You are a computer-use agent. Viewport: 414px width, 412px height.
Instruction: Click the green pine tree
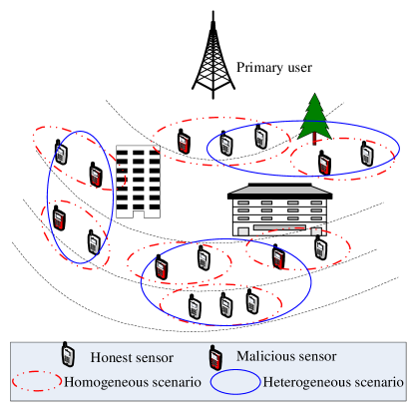pos(314,115)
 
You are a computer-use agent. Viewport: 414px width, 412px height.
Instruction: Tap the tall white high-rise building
pos(138,181)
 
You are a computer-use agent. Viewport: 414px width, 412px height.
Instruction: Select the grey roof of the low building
pos(279,190)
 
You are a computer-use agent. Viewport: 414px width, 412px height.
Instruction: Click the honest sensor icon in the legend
pos(68,355)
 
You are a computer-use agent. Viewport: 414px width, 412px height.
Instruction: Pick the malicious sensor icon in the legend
pos(214,356)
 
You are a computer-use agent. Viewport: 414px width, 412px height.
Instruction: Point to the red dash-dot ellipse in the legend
pos(37,381)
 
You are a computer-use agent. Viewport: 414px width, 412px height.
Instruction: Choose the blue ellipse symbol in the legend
pos(234,381)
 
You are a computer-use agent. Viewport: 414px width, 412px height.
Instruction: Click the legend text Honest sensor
pos(131,357)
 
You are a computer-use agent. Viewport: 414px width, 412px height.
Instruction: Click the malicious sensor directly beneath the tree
pos(324,164)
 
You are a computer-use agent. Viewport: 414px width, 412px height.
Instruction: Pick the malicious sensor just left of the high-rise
pos(96,177)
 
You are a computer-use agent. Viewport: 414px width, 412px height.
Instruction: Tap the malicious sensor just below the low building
pos(278,259)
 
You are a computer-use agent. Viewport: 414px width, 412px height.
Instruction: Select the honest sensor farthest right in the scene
pos(366,156)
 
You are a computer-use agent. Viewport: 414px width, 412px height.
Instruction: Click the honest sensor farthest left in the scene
pos(61,154)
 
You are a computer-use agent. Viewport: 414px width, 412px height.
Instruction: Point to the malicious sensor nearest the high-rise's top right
pos(184,144)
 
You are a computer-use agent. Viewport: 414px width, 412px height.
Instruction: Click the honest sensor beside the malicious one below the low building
pos(320,248)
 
